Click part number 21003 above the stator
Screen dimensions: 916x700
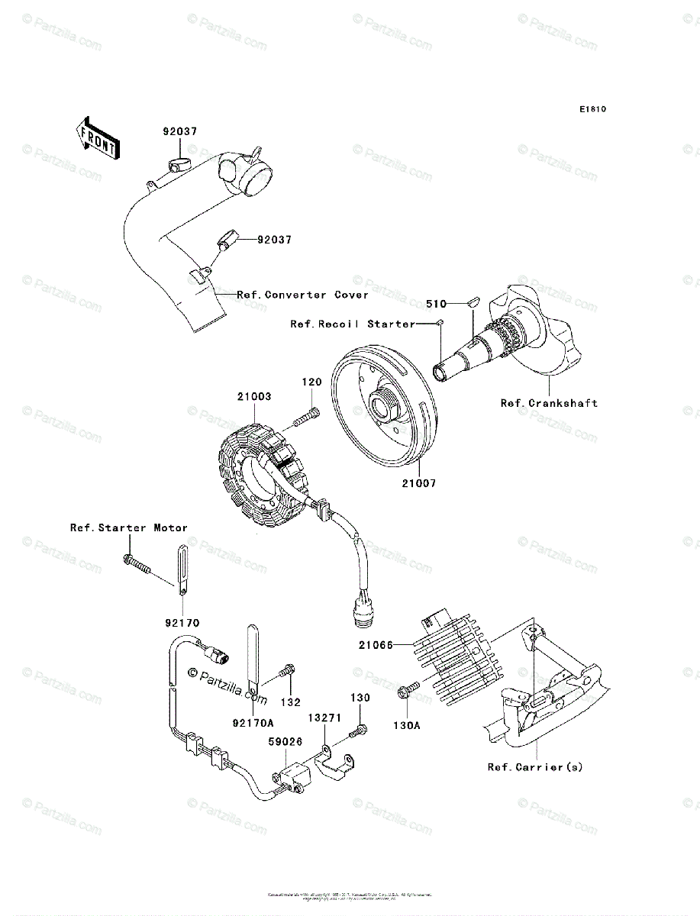coord(253,397)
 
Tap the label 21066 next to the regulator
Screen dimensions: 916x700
coord(376,645)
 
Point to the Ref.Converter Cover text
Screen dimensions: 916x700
coord(302,295)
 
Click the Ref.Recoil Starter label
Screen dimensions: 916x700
coord(353,324)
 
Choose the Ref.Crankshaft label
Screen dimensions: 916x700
coord(549,403)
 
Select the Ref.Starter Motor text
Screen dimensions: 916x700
coord(129,527)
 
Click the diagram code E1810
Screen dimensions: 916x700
coord(592,110)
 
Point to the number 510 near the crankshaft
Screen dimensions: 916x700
coord(436,304)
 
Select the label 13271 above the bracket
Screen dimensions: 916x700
coord(324,718)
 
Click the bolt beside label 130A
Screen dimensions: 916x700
coord(405,691)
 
